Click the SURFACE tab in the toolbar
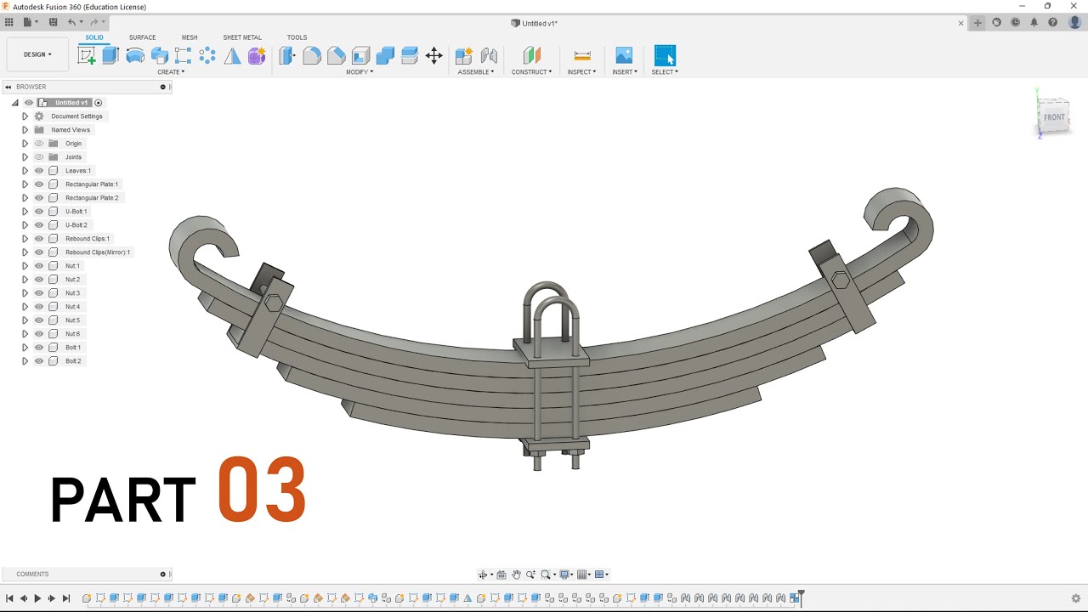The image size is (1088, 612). tap(142, 37)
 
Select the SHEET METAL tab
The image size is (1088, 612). tap(242, 37)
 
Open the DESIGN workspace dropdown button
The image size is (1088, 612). tap(37, 54)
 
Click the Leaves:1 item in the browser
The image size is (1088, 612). tap(78, 171)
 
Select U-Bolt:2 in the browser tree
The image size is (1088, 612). tap(76, 225)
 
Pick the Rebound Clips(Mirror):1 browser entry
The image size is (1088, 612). tap(98, 252)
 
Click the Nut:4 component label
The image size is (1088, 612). tap(73, 307)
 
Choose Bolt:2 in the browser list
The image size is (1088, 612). tap(73, 361)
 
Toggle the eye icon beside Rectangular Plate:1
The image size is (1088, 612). tap(39, 184)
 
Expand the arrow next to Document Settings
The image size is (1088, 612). tap(25, 116)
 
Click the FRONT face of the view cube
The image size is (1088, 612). tap(1054, 117)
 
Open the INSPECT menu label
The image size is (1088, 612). tap(581, 72)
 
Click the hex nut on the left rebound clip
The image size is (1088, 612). tap(274, 303)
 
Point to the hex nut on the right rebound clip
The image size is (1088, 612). tap(841, 280)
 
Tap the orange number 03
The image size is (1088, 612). tap(262, 490)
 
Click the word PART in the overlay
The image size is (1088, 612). tap(123, 500)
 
